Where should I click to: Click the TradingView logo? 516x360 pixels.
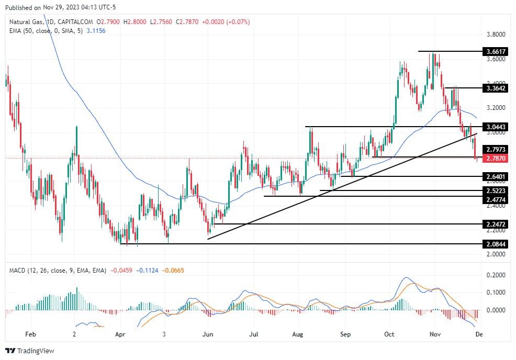[x=30, y=351]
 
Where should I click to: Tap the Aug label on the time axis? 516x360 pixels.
[x=298, y=334]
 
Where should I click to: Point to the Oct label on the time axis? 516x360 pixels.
[x=389, y=334]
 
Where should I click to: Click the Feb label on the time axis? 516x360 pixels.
[x=30, y=334]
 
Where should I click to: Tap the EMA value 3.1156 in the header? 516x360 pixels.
[x=95, y=31]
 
